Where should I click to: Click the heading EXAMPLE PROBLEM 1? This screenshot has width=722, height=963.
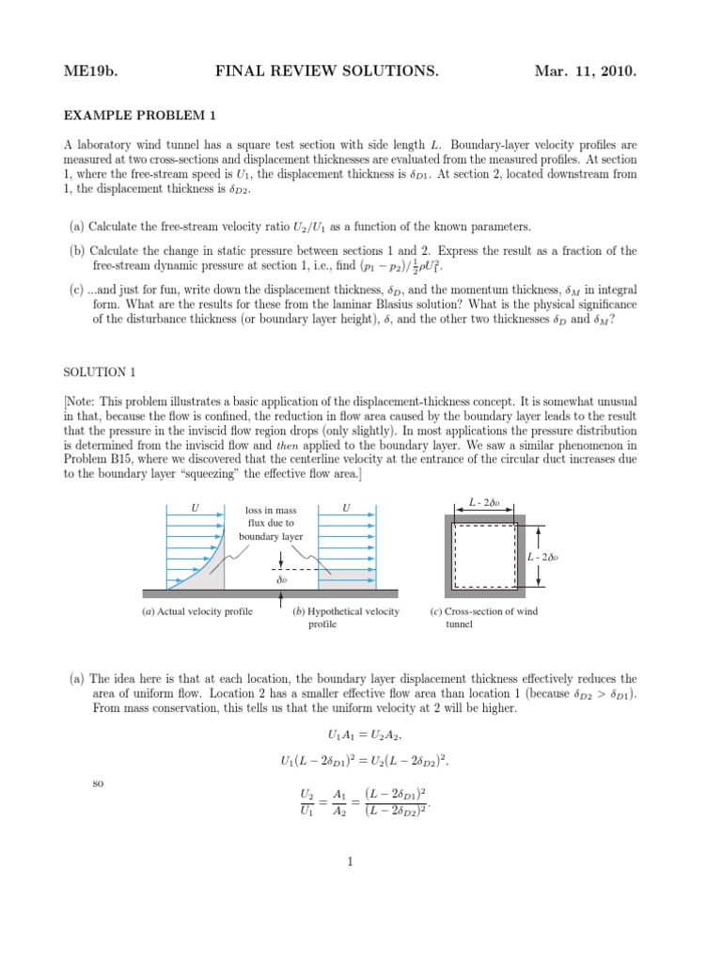[140, 116]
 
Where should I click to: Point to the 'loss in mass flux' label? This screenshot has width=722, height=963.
[271, 523]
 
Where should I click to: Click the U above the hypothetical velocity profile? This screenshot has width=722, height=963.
[347, 508]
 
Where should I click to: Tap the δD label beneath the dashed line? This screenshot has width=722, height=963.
[281, 580]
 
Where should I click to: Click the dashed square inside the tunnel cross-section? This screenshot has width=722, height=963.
[484, 556]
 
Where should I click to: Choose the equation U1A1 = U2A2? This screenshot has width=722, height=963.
[360, 734]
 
